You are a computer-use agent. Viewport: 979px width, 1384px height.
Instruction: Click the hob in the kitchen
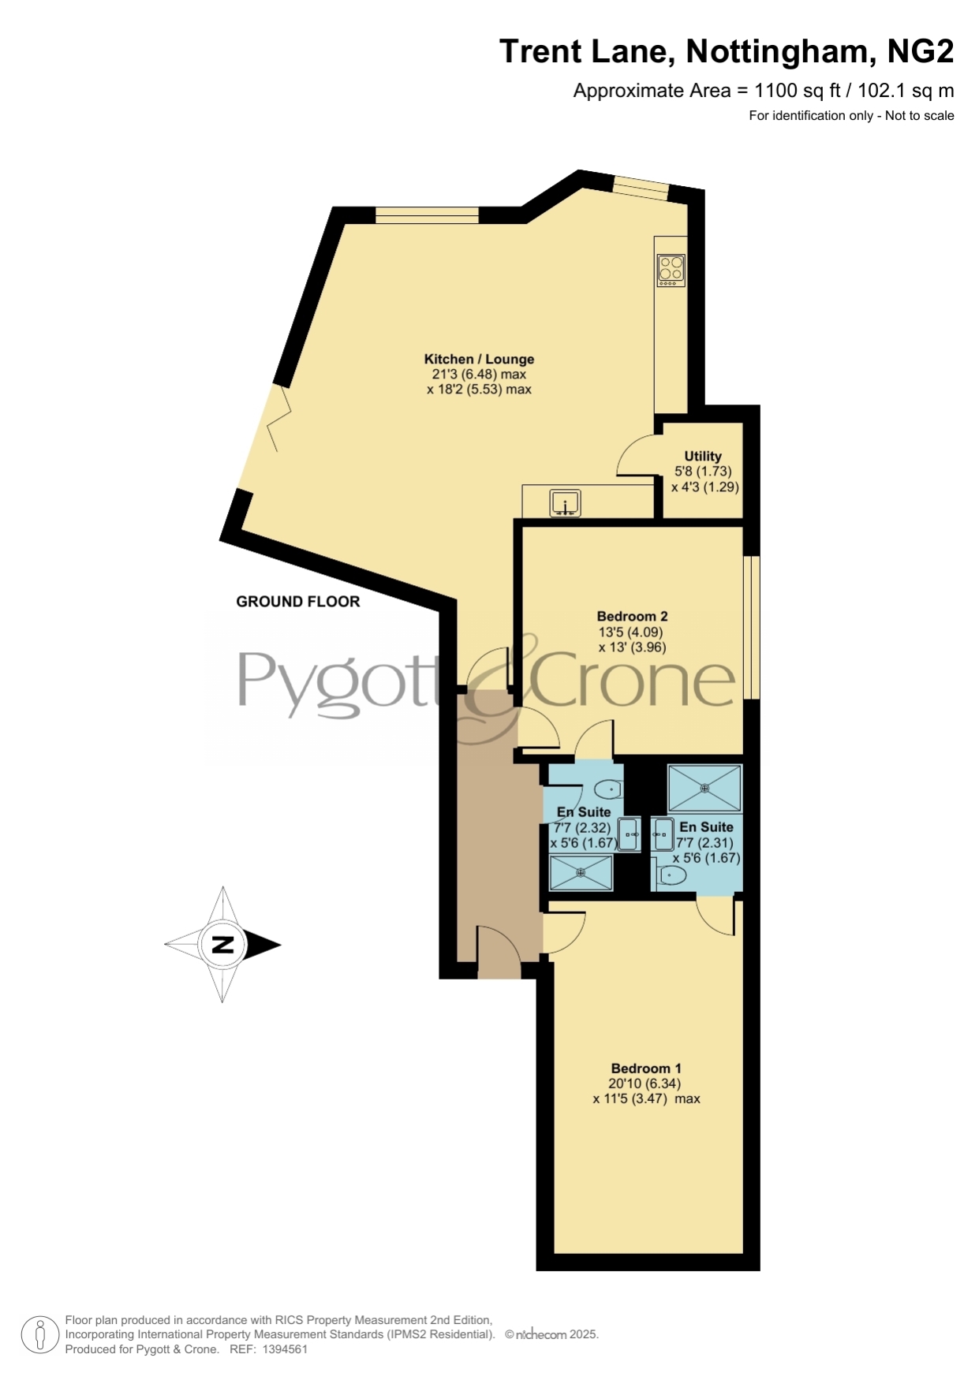(671, 270)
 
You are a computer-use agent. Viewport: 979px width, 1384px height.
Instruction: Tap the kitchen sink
(566, 503)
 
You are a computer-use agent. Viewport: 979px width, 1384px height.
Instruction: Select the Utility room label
(703, 456)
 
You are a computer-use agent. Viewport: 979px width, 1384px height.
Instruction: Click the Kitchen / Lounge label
(479, 359)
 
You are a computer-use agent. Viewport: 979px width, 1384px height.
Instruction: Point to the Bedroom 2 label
(633, 616)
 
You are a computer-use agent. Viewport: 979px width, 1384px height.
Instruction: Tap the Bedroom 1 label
(646, 1068)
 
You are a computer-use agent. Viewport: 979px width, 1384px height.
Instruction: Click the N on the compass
(223, 944)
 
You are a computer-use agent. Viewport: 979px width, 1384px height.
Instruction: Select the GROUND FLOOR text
(298, 602)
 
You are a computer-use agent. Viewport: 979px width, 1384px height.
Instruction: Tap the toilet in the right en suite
(671, 875)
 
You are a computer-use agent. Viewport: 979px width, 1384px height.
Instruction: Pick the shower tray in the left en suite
(581, 872)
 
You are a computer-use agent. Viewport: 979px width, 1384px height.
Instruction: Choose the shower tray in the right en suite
(705, 788)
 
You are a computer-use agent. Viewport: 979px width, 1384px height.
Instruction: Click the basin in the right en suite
(663, 834)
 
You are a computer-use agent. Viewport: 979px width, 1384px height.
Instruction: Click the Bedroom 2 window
(753, 628)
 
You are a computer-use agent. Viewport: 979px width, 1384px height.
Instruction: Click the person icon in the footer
(39, 1335)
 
